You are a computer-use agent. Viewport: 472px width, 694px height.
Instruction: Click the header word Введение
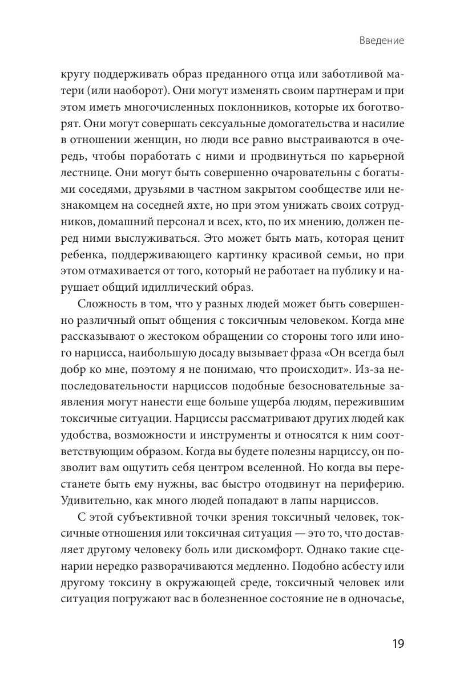[382, 41]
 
